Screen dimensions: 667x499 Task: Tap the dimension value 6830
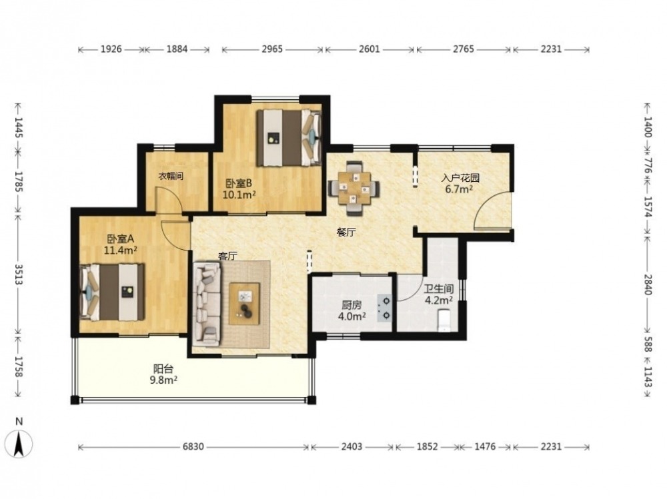coord(193,447)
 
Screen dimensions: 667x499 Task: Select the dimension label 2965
coord(272,49)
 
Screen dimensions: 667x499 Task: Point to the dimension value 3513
coord(18,274)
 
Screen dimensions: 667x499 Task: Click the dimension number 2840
coord(647,284)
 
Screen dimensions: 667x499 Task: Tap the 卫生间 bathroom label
coord(439,289)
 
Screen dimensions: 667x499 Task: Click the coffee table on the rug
coord(244,304)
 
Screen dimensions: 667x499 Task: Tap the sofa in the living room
coord(207,304)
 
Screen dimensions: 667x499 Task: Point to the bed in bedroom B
coord(288,138)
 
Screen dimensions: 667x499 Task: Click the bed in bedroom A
coord(112,292)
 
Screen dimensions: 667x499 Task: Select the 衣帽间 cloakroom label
coord(171,176)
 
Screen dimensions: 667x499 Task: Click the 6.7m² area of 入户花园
coord(459,189)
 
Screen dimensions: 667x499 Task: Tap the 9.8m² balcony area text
coord(163,380)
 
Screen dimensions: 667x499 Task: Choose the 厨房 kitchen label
coord(352,305)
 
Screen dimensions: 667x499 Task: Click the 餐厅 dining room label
coord(346,233)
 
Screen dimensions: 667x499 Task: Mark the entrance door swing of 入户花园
coord(493,211)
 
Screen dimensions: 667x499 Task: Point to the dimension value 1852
coord(427,447)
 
